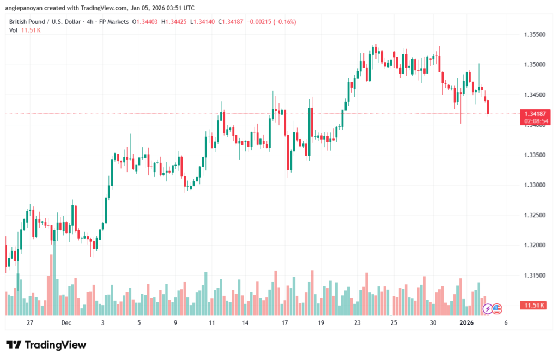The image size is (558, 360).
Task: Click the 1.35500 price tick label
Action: pos(531,34)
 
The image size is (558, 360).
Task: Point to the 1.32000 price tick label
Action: pos(531,246)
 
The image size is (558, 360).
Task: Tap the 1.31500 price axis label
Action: pos(531,276)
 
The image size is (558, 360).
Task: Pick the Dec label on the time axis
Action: pos(66,323)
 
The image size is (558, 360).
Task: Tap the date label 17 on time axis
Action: pos(284,323)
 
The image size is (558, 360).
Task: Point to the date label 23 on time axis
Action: pos(357,323)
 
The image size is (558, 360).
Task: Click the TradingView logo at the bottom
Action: pos(46,345)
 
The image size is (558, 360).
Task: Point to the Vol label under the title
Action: pos(13,30)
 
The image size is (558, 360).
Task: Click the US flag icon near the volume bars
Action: pos(496,309)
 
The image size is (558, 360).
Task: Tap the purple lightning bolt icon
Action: pos(488,309)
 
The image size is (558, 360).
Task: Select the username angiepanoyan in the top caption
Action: pos(26,8)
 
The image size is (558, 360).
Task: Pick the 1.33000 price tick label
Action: pos(531,185)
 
